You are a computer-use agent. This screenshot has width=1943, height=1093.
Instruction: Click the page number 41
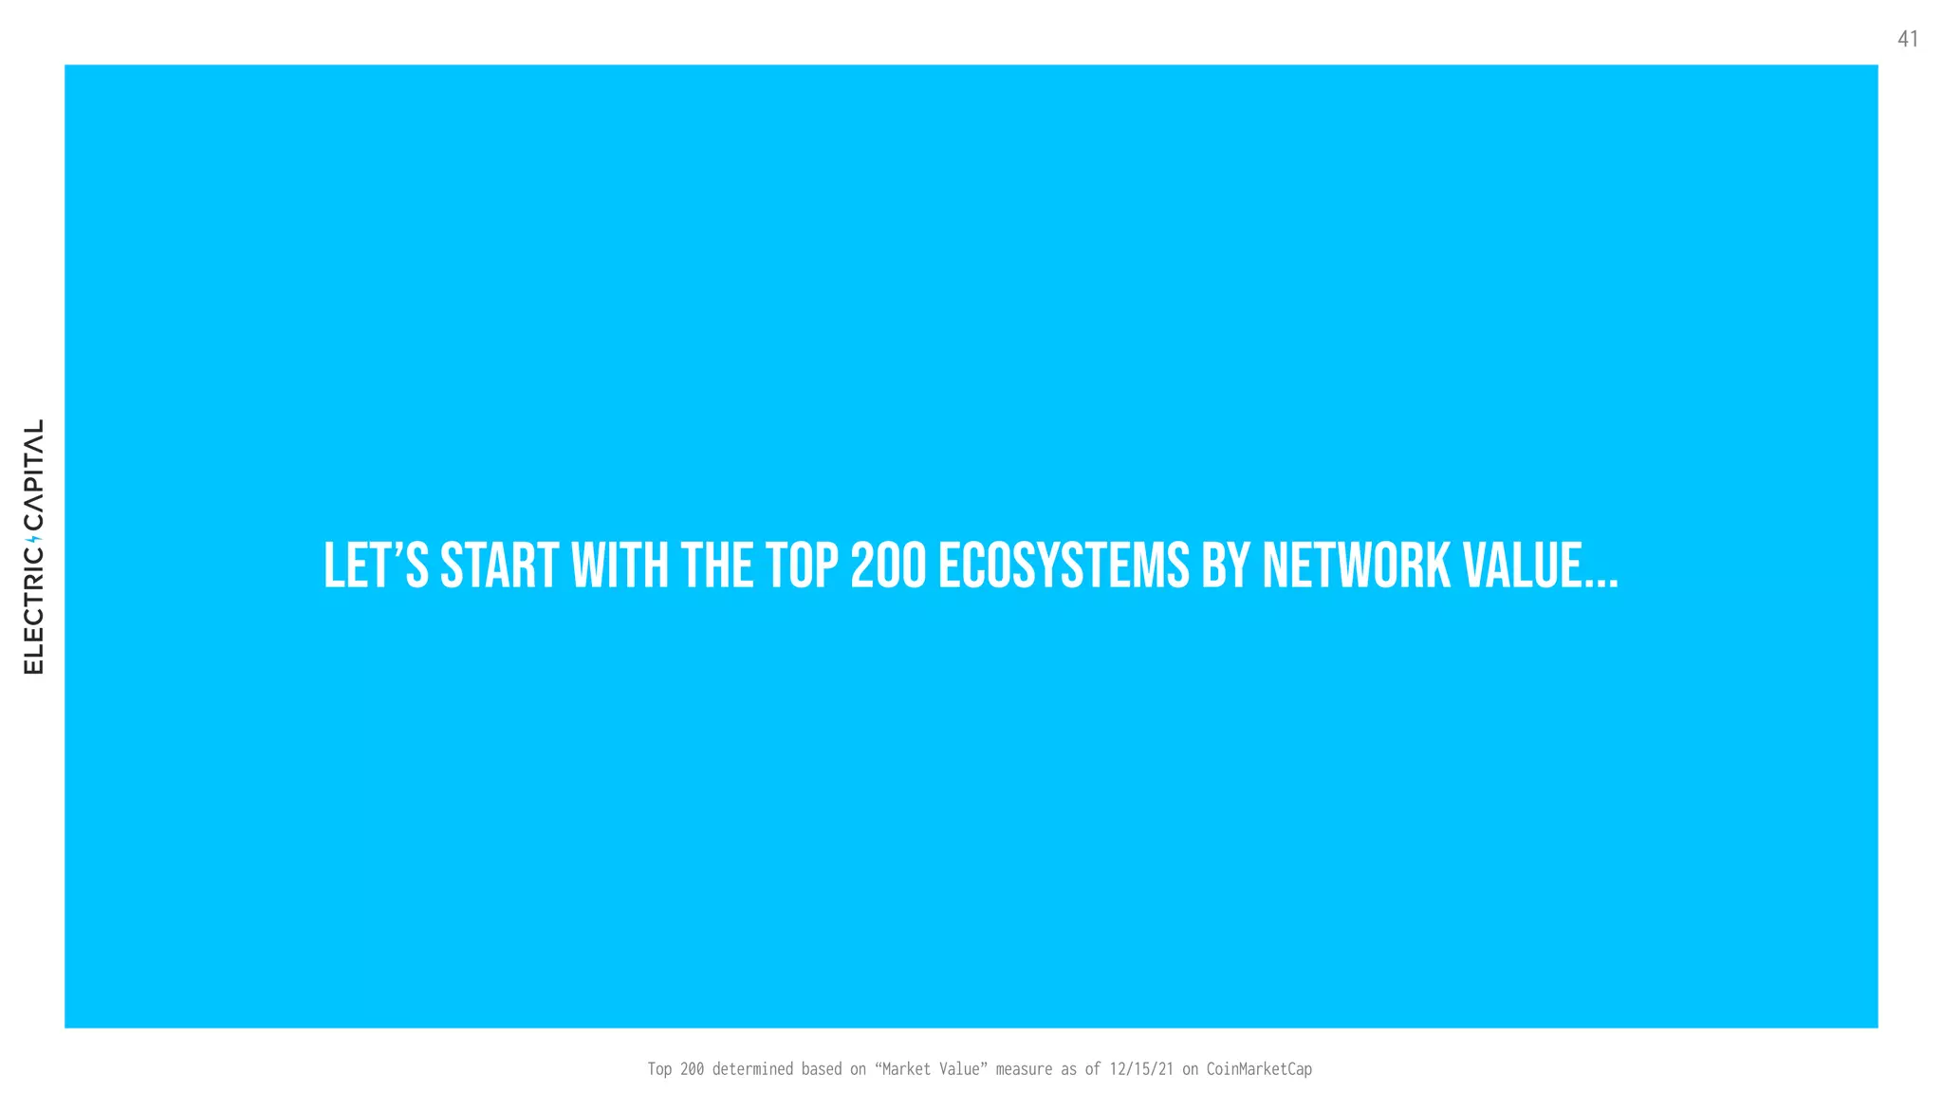point(1907,39)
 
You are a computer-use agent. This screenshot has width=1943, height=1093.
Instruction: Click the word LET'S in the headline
point(376,565)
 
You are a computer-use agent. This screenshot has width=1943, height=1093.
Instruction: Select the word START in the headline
point(499,565)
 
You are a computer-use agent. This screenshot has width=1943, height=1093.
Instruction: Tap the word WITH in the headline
point(620,565)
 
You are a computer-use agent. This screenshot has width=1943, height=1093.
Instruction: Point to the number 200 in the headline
point(888,565)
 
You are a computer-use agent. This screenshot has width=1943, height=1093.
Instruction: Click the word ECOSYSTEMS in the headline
point(1064,565)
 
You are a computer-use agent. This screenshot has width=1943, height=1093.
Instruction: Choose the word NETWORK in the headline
point(1357,565)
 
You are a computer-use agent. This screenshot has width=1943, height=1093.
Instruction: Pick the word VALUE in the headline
point(1523,565)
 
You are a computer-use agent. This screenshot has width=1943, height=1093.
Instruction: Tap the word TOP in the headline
point(802,565)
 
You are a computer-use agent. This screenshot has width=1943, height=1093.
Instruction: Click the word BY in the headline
point(1226,565)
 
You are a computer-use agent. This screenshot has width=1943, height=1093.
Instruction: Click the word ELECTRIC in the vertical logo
point(34,613)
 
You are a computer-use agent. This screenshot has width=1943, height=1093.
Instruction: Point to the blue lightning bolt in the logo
point(37,540)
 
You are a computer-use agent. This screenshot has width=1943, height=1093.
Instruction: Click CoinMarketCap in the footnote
point(1259,1069)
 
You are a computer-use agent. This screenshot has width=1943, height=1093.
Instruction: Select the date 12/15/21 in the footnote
point(1141,1069)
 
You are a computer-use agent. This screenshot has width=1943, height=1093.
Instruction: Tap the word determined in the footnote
point(752,1069)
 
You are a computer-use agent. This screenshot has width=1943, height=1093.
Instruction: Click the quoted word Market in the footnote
point(904,1069)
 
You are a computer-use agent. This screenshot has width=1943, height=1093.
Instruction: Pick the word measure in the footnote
point(1024,1069)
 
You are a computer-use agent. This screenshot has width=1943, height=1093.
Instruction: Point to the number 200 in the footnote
point(692,1069)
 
